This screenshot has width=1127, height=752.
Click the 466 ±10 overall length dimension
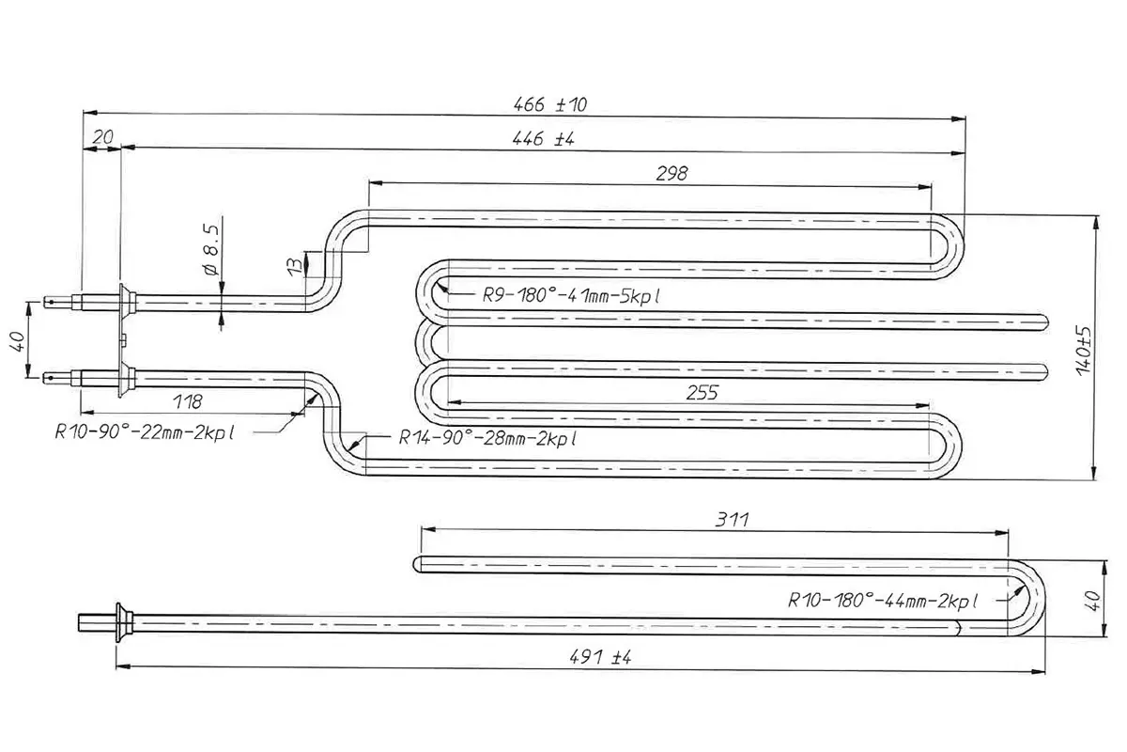(x=550, y=104)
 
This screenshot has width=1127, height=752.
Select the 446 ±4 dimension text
(x=543, y=138)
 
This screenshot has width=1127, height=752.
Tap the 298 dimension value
(x=672, y=174)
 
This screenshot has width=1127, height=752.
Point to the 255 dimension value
(x=702, y=393)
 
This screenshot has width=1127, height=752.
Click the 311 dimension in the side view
(x=732, y=519)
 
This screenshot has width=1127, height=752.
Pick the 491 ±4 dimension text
(x=600, y=657)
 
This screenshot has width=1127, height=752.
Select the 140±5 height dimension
(x=1084, y=351)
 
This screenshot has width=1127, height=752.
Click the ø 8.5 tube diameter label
(x=212, y=250)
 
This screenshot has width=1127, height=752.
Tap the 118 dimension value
(x=187, y=402)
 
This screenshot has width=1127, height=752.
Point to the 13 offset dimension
(x=296, y=265)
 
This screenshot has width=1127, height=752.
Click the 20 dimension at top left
(x=103, y=137)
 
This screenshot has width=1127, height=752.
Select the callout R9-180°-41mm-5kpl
(x=571, y=296)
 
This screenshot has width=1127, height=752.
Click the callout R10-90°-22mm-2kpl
(x=145, y=432)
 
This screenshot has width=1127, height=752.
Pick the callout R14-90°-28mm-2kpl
(x=487, y=438)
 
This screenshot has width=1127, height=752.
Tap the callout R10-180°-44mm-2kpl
(x=882, y=601)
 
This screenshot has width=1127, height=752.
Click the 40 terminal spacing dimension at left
(x=17, y=341)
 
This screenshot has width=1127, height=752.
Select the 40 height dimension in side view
(x=1094, y=601)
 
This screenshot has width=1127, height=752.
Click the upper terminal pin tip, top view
(x=45, y=303)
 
